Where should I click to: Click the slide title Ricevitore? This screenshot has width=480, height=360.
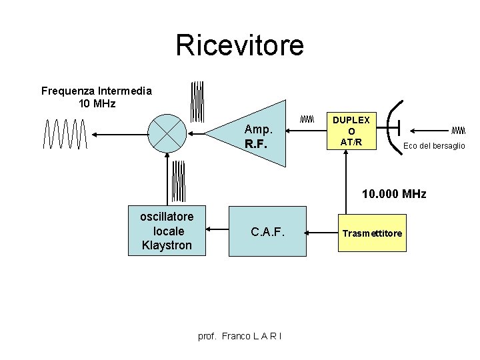[239, 45]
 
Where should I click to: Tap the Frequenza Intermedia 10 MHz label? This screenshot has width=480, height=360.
[97, 97]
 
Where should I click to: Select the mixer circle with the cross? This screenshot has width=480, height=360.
[166, 134]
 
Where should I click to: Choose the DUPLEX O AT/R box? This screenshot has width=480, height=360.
[351, 131]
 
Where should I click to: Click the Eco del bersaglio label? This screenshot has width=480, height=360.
[434, 146]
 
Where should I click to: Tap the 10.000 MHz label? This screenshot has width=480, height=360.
[393, 194]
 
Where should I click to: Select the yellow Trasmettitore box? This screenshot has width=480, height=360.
[372, 233]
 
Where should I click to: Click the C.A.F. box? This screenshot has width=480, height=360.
[267, 231]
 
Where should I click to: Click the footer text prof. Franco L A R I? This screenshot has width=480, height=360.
[240, 335]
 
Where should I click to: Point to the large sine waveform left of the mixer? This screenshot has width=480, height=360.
[65, 134]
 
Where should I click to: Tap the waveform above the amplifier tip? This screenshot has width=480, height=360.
[197, 101]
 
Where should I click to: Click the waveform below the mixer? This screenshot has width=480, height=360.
[177, 181]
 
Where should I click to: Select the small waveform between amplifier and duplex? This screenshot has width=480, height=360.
[306, 119]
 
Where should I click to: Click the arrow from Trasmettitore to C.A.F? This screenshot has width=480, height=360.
[322, 233]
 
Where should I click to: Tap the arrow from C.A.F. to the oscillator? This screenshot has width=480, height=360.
[217, 231]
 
